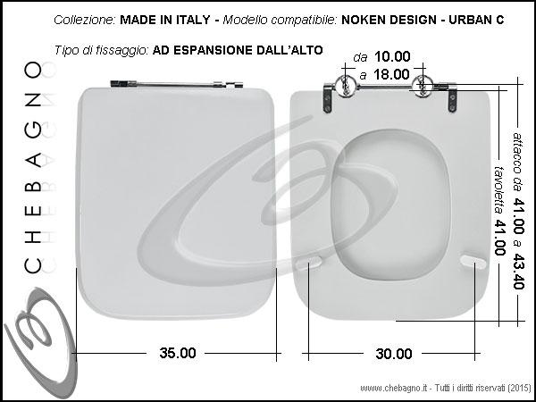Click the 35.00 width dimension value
click(178, 353)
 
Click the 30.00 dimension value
click(394, 354)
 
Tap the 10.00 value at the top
click(392, 57)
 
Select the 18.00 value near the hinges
click(391, 74)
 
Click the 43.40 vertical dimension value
click(518, 272)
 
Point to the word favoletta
click(499, 190)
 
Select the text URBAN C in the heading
click(476, 20)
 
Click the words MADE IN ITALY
click(165, 20)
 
